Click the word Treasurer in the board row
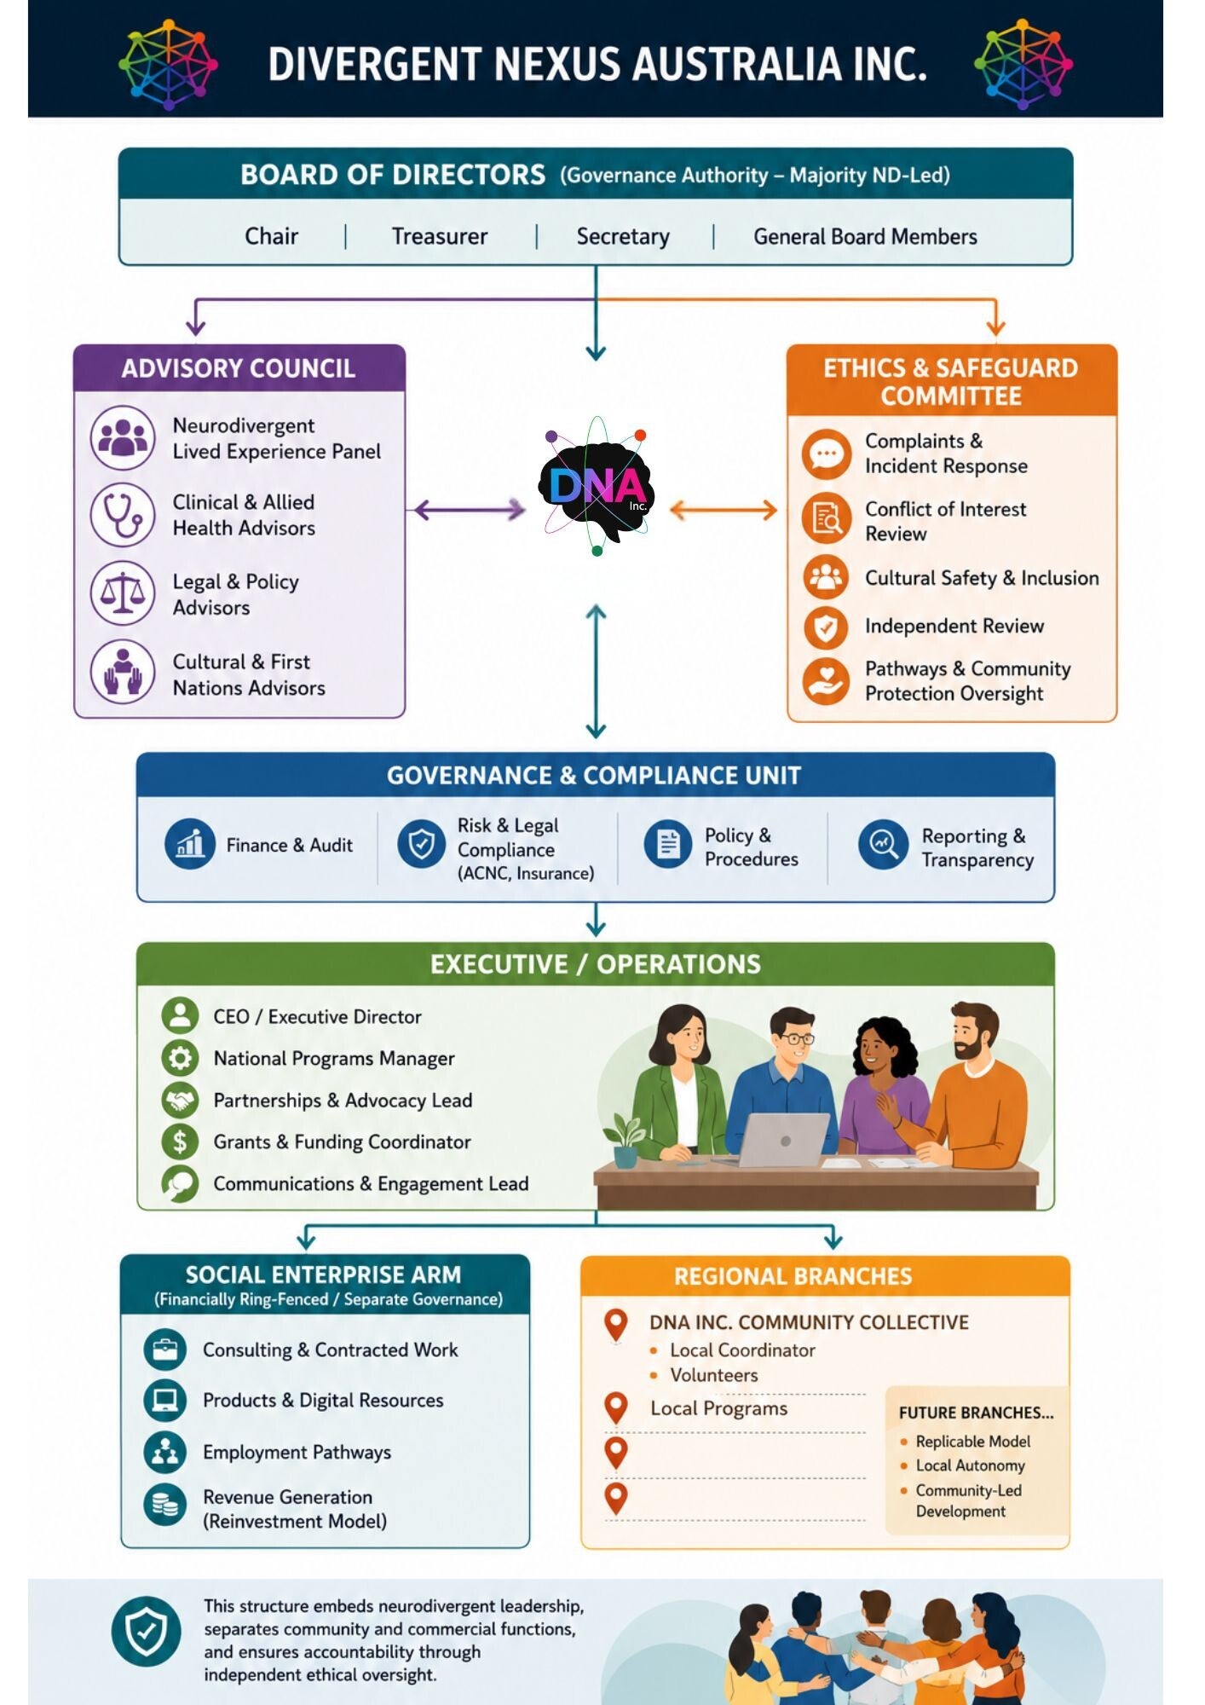click(x=439, y=236)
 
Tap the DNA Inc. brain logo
click(x=597, y=487)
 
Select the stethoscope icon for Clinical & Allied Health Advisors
click(x=123, y=515)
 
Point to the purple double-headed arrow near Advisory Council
click(x=470, y=511)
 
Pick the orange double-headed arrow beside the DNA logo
click(x=724, y=511)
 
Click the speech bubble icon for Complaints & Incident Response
click(x=826, y=454)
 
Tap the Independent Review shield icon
click(x=826, y=627)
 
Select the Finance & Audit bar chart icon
click(x=189, y=844)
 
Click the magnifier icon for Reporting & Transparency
click(x=883, y=845)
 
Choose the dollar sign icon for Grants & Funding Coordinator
click(x=180, y=1141)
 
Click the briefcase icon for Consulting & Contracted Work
click(x=164, y=1350)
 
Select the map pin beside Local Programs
click(x=615, y=1408)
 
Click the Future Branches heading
click(x=976, y=1413)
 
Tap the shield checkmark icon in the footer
click(x=146, y=1631)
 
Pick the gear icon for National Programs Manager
click(x=180, y=1058)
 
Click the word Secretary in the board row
click(x=623, y=236)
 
